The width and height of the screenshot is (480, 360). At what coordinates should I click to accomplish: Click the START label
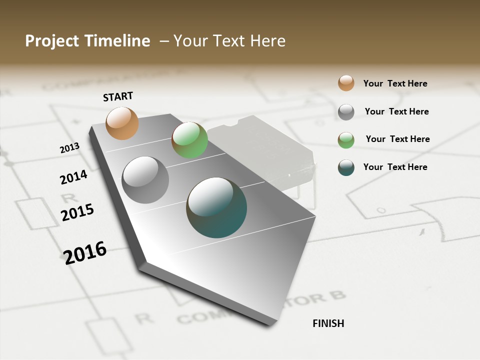click(x=118, y=96)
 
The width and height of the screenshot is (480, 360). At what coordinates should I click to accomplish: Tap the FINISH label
click(x=328, y=323)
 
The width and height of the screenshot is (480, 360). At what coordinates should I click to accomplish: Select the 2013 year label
click(x=69, y=148)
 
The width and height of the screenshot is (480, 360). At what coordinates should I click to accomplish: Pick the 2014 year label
click(x=73, y=177)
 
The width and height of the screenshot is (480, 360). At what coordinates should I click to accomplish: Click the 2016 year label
click(x=85, y=252)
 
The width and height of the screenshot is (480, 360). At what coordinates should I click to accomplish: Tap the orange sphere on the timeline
click(x=122, y=123)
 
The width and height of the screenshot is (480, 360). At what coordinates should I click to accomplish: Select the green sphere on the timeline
click(x=189, y=140)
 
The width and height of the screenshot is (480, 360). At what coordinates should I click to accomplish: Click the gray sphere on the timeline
click(x=145, y=179)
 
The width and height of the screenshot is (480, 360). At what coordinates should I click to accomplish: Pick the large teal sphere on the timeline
click(x=216, y=207)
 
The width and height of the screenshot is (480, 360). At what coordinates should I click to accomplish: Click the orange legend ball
click(x=346, y=83)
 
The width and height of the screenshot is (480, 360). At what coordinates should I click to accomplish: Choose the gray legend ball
click(x=346, y=112)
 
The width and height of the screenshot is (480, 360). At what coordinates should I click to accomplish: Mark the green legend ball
click(x=346, y=140)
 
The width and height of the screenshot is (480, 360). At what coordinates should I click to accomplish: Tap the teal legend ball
click(x=346, y=167)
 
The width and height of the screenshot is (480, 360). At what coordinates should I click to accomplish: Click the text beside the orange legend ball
click(x=395, y=84)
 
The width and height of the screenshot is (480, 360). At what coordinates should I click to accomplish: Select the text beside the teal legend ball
click(x=395, y=167)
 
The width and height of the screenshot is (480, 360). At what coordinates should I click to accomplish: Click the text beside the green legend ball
click(x=397, y=139)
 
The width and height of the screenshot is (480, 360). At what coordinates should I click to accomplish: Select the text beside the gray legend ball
click(x=396, y=111)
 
